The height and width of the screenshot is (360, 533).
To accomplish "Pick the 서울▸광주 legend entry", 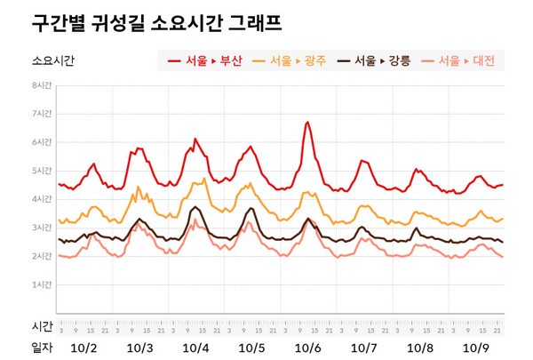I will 289,61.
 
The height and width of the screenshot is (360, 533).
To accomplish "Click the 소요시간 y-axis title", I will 53,61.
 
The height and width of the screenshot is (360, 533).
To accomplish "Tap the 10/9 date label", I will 476,348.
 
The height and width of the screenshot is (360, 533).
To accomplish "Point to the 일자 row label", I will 42,348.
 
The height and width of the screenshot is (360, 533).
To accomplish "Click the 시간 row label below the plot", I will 42,325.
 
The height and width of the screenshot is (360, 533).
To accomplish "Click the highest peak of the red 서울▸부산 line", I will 307,122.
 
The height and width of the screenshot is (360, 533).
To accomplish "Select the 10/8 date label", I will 419,348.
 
